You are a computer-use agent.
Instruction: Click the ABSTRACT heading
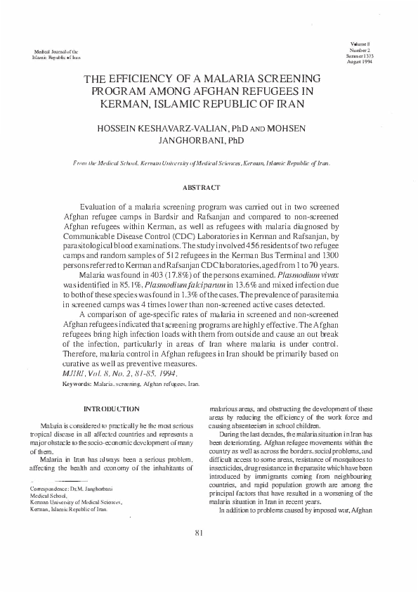point(202,188)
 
